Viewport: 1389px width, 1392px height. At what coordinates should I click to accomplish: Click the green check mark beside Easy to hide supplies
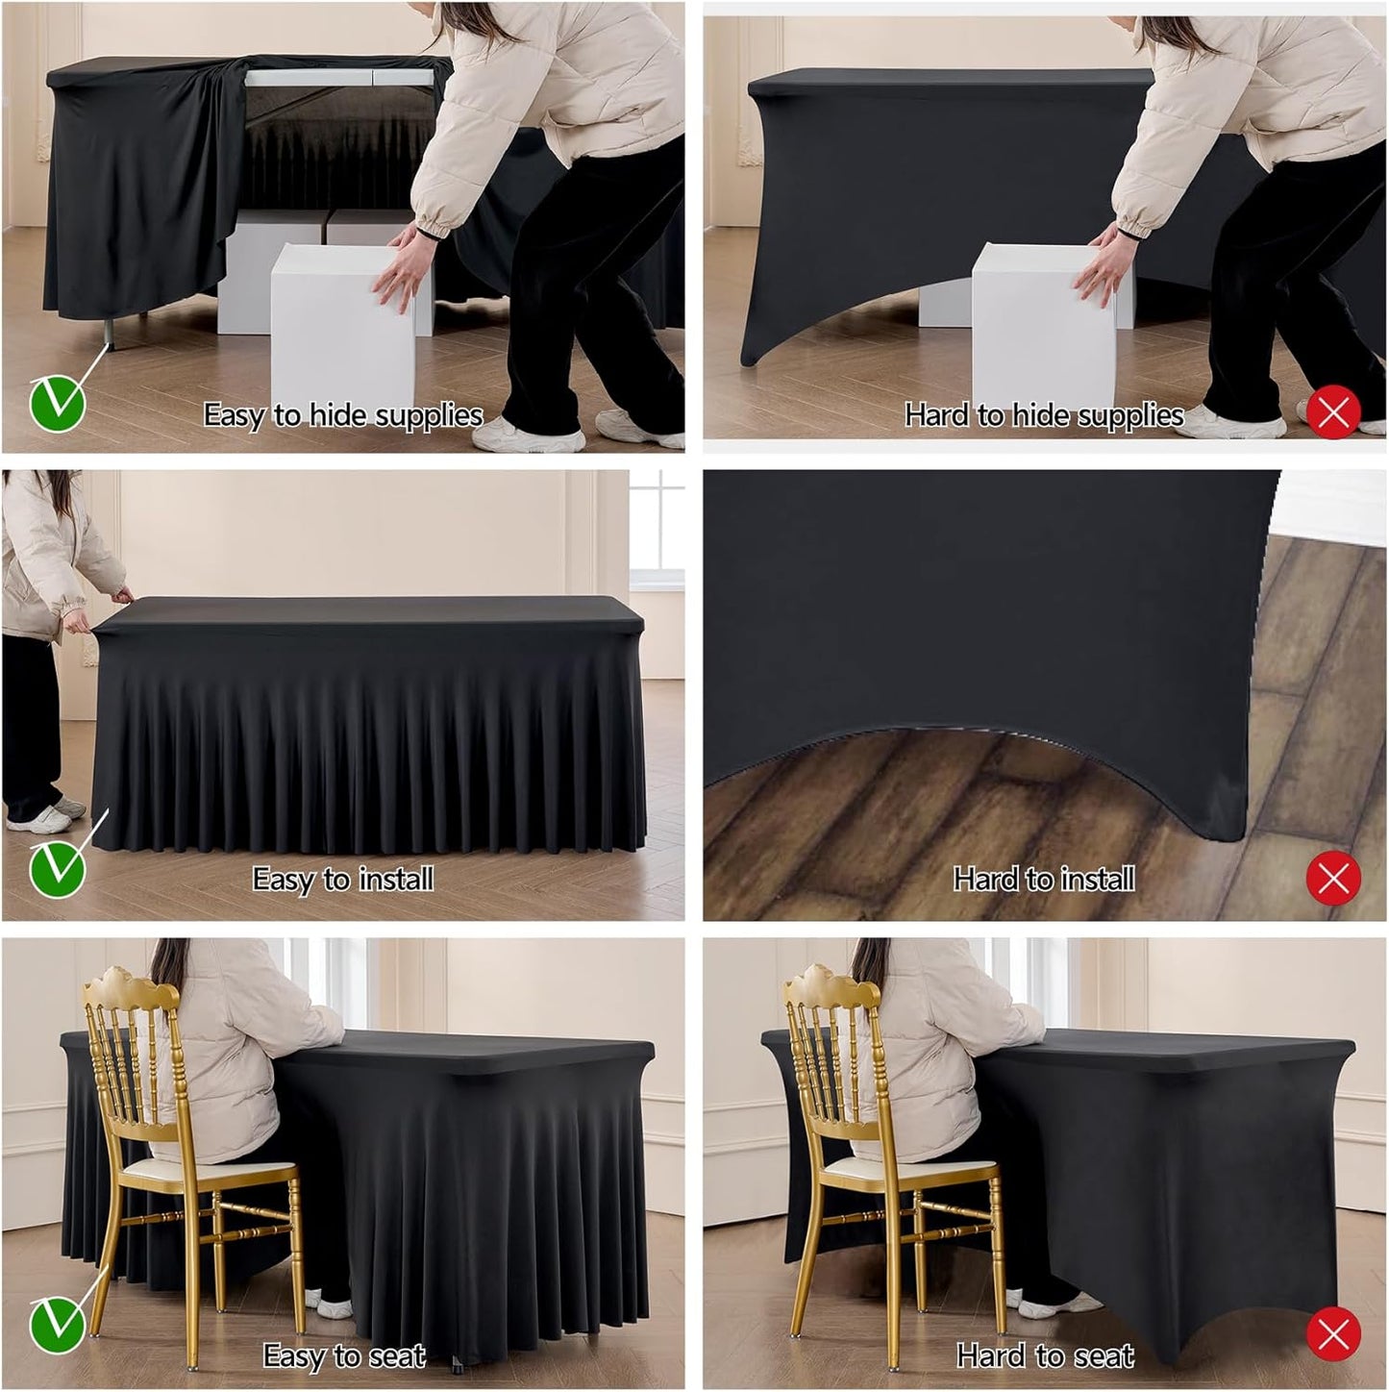(58, 404)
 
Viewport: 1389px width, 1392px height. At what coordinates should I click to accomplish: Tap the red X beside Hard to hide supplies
(1333, 412)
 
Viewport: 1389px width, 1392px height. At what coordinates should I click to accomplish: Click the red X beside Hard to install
(1333, 878)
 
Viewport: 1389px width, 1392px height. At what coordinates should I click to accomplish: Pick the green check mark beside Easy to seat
(58, 1325)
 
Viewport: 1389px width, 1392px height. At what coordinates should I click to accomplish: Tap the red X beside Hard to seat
(1333, 1333)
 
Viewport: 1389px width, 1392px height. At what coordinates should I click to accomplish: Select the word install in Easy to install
(395, 879)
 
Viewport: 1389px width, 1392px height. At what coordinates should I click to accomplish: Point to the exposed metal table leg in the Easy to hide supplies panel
(109, 333)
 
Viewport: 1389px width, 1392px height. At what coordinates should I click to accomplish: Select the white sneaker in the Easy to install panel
(38, 818)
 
